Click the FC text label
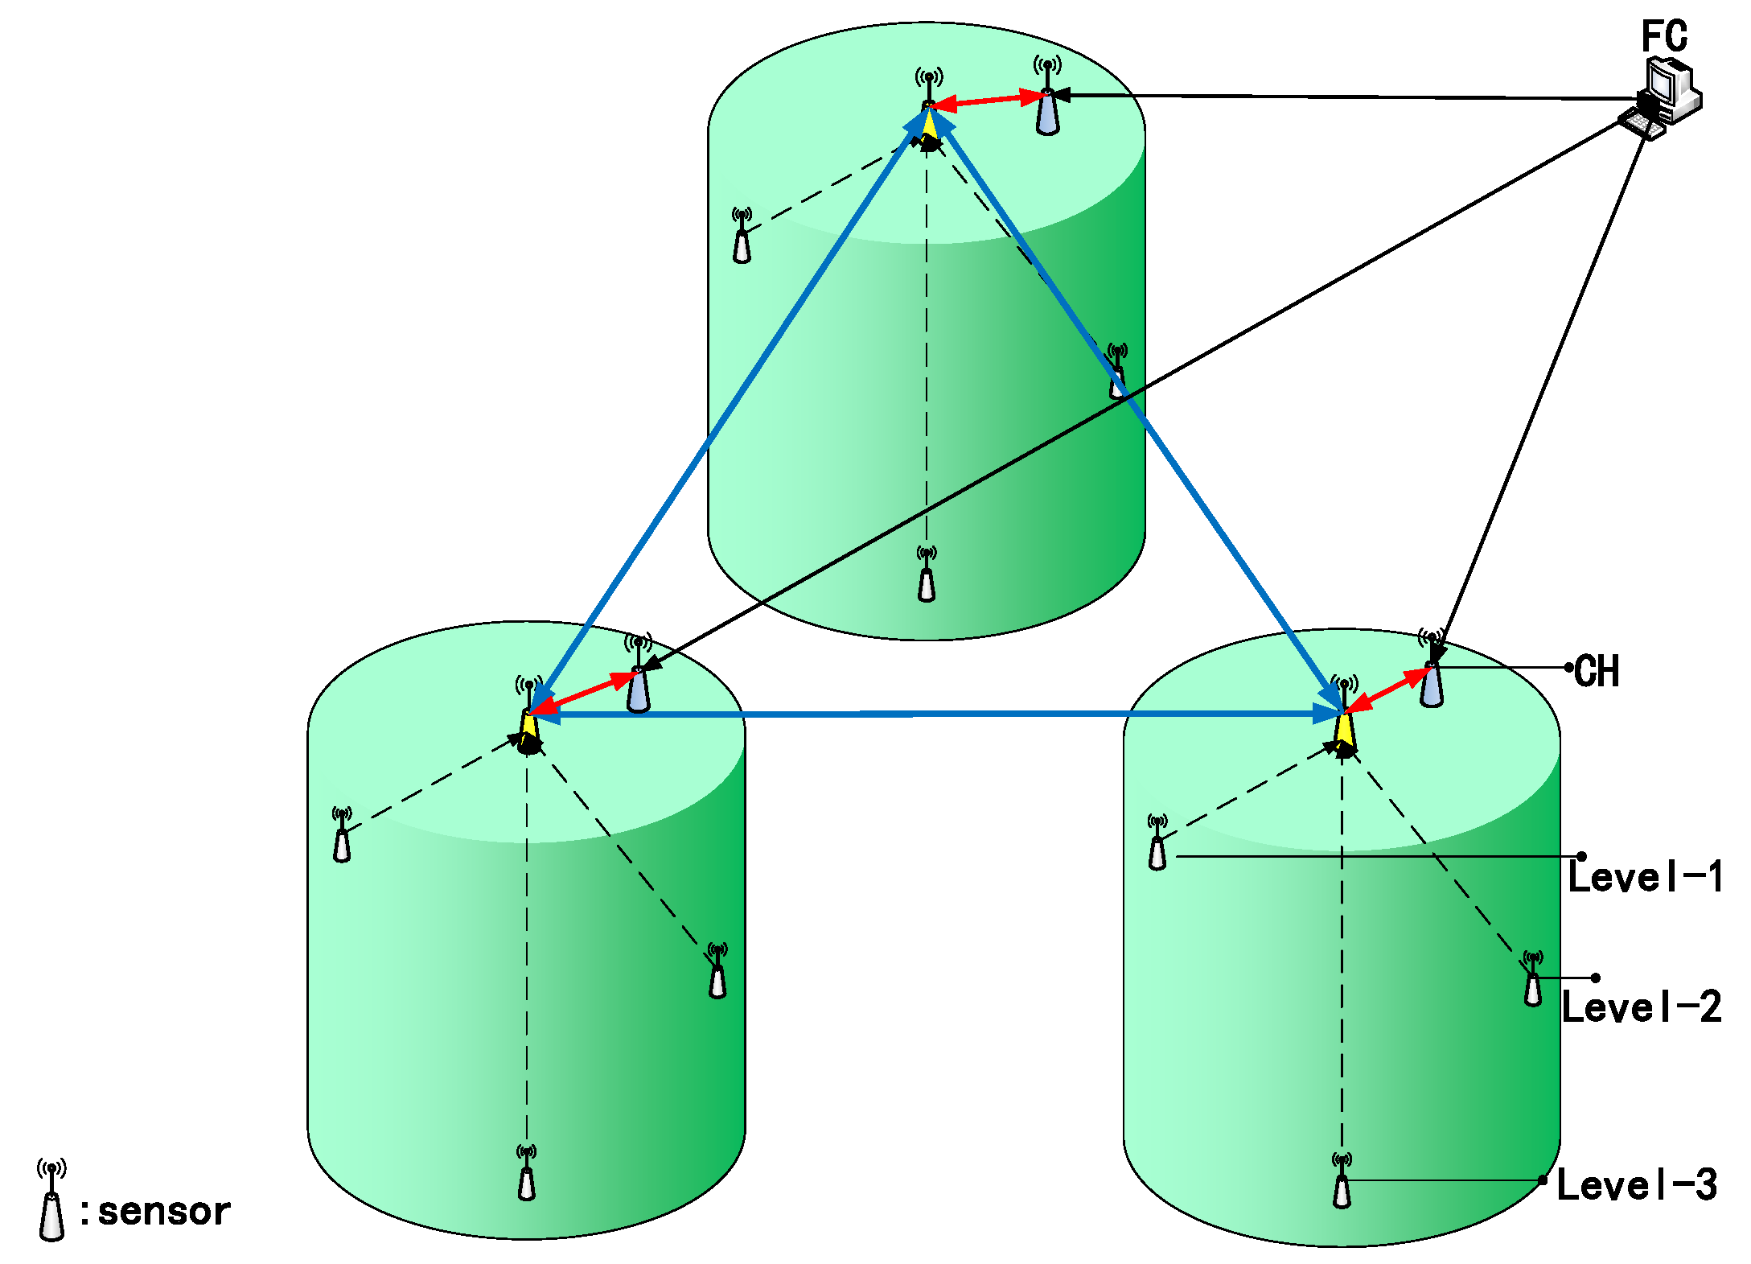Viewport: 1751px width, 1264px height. click(x=1664, y=36)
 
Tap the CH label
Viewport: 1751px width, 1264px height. click(x=1597, y=670)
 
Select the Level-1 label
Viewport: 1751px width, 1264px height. click(x=1646, y=876)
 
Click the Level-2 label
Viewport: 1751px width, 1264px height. click(x=1642, y=1007)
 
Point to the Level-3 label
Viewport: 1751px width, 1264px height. click(x=1637, y=1184)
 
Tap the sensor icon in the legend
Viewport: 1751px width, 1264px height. click(x=51, y=1202)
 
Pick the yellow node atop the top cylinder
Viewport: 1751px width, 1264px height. click(x=929, y=125)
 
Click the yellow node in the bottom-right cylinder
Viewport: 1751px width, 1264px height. click(x=1344, y=730)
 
